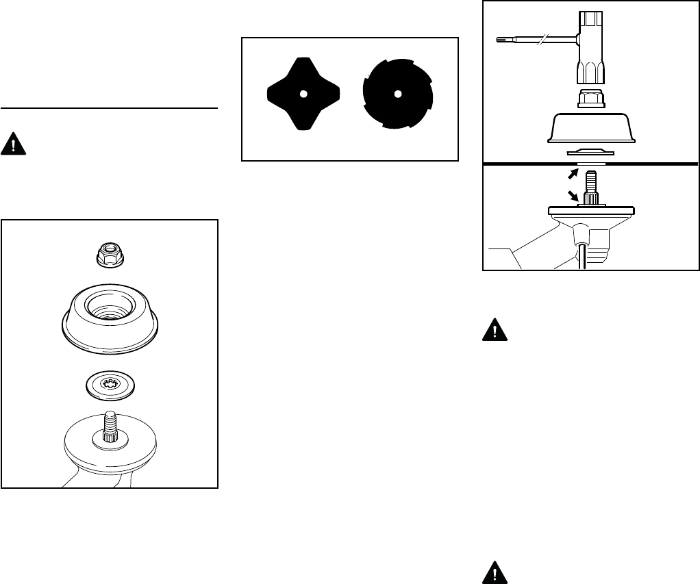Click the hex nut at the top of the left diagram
[x=110, y=257]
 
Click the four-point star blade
[x=303, y=94]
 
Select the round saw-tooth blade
[x=397, y=94]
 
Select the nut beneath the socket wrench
[x=590, y=100]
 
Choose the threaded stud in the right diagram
[x=590, y=185]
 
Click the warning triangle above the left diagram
[x=12, y=145]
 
